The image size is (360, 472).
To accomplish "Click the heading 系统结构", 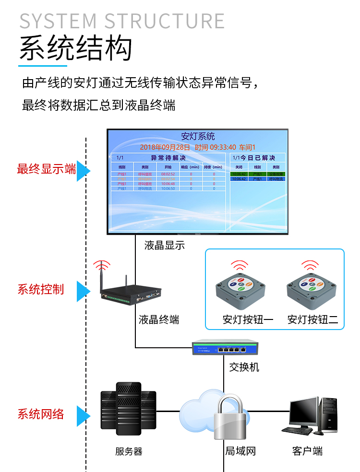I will coord(75,48).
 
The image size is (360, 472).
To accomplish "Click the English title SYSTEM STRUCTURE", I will coord(122,21).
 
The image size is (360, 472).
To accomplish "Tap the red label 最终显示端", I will coord(46,169).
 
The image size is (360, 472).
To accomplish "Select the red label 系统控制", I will coord(41,290).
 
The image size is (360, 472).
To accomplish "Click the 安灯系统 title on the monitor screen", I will coord(198,137).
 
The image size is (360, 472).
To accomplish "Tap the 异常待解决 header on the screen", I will coord(168,158).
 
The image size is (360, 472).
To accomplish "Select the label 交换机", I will coord(244,367).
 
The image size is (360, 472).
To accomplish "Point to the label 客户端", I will coord(307,451).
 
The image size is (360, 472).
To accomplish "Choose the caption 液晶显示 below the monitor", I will coord(164,246).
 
